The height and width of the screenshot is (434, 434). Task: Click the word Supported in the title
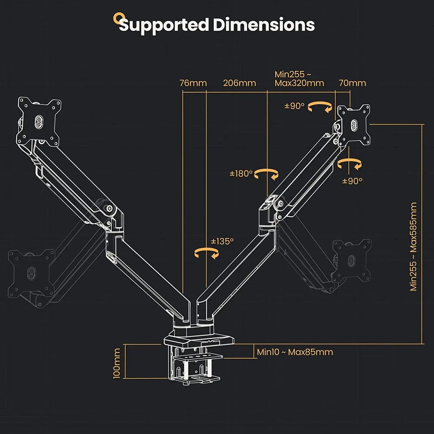[164, 25]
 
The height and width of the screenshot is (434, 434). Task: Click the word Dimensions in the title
[264, 25]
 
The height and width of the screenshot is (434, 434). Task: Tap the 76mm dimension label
[193, 83]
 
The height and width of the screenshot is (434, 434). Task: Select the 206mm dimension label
[239, 83]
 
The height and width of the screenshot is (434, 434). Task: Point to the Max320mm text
[299, 83]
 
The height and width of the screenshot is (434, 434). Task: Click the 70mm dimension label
[352, 83]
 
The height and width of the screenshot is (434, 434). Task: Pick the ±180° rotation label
[241, 174]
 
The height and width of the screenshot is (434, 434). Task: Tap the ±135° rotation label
[222, 241]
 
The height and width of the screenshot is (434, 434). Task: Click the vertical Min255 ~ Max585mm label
[414, 246]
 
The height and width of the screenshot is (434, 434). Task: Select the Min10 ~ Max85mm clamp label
[295, 352]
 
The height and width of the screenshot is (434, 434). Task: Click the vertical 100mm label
[117, 363]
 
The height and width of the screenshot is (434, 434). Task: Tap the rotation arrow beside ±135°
[207, 253]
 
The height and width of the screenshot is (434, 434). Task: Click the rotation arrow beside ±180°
[266, 174]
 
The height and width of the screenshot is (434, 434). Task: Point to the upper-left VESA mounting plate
[39, 122]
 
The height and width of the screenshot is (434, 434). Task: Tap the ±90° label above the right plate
[294, 106]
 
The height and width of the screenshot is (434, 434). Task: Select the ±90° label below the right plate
[352, 181]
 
